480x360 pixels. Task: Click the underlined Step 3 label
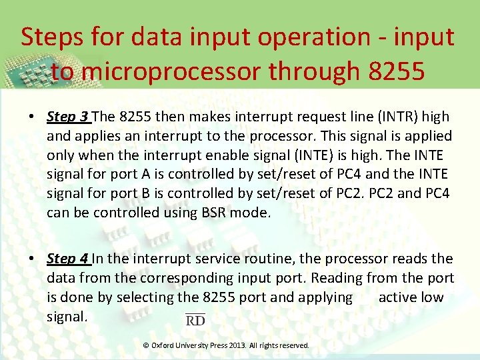[x=68, y=117]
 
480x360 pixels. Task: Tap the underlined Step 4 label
[x=68, y=259]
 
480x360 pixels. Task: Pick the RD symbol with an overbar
[x=195, y=320]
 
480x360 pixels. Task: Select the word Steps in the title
[x=53, y=37]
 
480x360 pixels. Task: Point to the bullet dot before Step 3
[x=31, y=117]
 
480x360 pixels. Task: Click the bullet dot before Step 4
[x=31, y=259]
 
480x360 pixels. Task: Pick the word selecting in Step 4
[x=144, y=297]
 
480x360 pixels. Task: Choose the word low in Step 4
[x=431, y=297]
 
